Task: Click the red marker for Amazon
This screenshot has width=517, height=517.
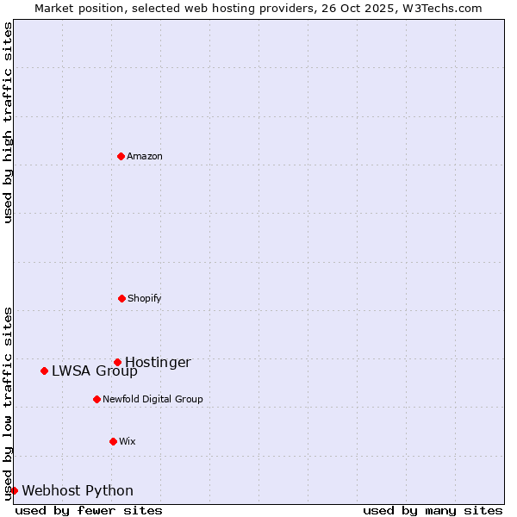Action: click(x=121, y=156)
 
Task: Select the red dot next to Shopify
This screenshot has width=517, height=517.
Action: click(x=121, y=298)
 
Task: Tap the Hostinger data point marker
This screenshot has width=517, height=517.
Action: click(x=117, y=362)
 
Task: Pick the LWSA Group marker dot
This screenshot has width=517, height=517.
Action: click(x=44, y=371)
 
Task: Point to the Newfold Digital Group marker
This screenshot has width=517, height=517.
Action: click(x=97, y=399)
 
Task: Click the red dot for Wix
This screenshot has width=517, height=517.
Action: click(x=113, y=441)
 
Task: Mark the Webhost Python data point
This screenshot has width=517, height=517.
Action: click(x=14, y=490)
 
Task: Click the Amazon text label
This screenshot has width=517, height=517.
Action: click(x=145, y=156)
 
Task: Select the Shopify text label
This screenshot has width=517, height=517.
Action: click(x=145, y=298)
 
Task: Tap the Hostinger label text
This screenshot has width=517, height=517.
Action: click(x=158, y=362)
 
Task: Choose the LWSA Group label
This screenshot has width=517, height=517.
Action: click(x=94, y=371)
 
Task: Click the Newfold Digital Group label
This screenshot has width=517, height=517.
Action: click(x=153, y=399)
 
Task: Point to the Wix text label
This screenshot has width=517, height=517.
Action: click(x=128, y=441)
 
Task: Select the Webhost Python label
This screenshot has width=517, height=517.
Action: click(x=78, y=491)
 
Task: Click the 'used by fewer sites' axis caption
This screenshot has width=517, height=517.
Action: click(x=89, y=510)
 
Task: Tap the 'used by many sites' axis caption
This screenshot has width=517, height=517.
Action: click(x=433, y=510)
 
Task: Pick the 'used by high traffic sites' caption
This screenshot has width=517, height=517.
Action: click(x=8, y=122)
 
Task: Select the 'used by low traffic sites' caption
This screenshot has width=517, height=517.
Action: click(x=8, y=402)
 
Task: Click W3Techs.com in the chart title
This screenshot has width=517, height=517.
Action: click(x=440, y=8)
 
